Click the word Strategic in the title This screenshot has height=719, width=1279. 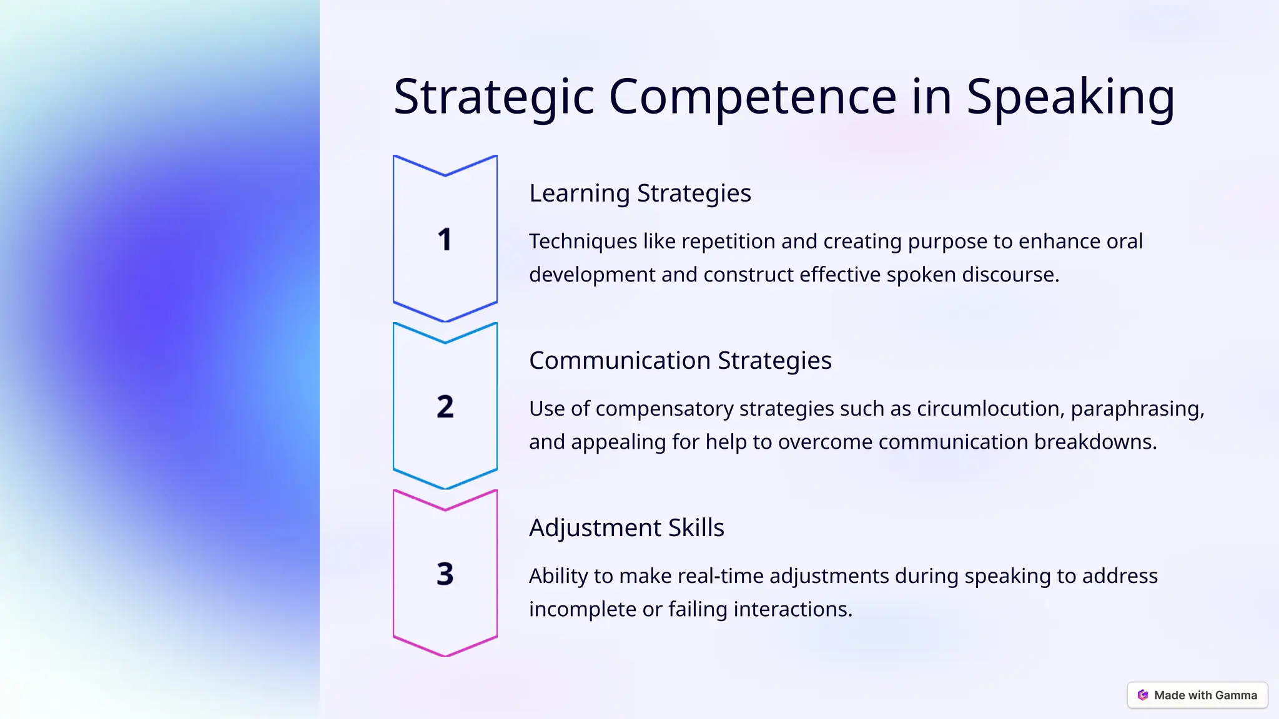[493, 97]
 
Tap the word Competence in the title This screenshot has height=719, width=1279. [753, 97]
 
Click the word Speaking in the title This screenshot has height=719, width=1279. [1070, 97]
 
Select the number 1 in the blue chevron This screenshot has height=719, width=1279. [445, 240]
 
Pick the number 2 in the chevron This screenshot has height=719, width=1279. [445, 407]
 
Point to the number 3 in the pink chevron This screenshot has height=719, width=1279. [445, 574]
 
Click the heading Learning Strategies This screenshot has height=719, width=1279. [640, 193]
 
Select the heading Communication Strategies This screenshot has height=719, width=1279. [680, 361]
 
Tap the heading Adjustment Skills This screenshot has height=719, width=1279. [626, 528]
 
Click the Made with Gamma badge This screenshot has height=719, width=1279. [1197, 695]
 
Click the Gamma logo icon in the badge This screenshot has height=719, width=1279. [1143, 695]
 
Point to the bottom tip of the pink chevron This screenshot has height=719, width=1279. [445, 655]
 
